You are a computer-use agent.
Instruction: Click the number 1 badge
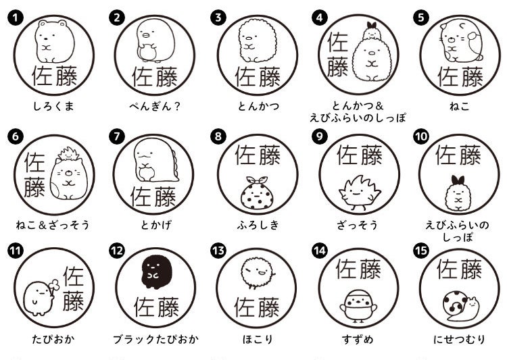pyautogui.click(x=15, y=18)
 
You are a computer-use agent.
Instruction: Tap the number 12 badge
pyautogui.click(x=117, y=251)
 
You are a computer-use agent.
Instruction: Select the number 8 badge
pyautogui.click(x=218, y=136)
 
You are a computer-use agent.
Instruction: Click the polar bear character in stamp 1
pyautogui.click(x=53, y=41)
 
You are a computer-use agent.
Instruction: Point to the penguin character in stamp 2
pyautogui.click(x=155, y=40)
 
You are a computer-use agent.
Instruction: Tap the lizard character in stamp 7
pyautogui.click(x=155, y=160)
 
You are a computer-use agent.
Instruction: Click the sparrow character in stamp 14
pyautogui.click(x=358, y=306)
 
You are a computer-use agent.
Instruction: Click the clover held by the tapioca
pyautogui.click(x=54, y=286)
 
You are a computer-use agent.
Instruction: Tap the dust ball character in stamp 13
pyautogui.click(x=258, y=273)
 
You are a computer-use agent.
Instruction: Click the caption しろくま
pyautogui.click(x=53, y=106)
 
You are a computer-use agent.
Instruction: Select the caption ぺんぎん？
pyautogui.click(x=155, y=106)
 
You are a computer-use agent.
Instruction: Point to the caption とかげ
pyautogui.click(x=156, y=225)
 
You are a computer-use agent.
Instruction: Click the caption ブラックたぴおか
pyautogui.click(x=155, y=339)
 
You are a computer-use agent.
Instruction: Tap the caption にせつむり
pyautogui.click(x=460, y=339)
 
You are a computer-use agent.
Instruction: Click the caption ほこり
pyautogui.click(x=258, y=339)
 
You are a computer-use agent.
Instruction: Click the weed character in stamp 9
pyautogui.click(x=359, y=192)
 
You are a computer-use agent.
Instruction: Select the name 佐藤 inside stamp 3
pyautogui.click(x=258, y=77)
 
